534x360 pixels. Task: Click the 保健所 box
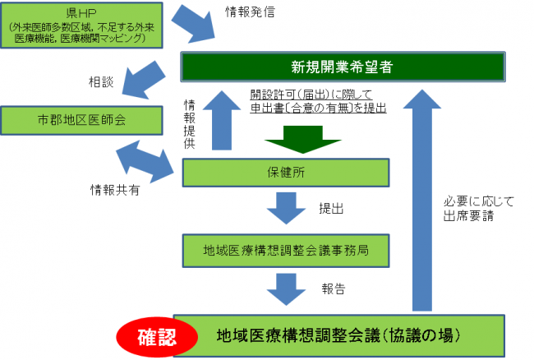coord(285,173)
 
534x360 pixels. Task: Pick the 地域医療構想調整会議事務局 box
coord(285,247)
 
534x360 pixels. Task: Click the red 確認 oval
coord(156,335)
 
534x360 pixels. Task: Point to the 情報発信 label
coord(250,13)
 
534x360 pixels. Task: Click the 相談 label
coord(101,82)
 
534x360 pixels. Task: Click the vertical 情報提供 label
coord(189,122)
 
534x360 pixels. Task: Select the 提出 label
coord(332,209)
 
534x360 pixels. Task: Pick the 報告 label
coord(333,289)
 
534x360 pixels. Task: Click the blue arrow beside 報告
coord(285,288)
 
